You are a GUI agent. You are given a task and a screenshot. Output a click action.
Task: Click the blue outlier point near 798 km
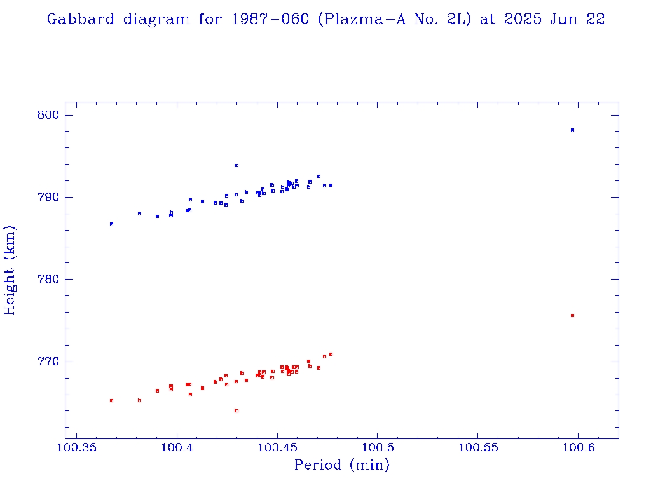point(572,130)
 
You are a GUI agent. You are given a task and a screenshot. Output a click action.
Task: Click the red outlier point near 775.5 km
point(572,315)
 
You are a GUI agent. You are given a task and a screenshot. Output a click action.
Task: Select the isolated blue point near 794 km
point(236,165)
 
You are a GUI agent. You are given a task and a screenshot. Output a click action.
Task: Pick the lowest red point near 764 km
point(236,410)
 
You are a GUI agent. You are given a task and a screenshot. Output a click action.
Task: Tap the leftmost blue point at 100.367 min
point(111,224)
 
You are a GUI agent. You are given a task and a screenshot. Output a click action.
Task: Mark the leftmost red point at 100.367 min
point(111,400)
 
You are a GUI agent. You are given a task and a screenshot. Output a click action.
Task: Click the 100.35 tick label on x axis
point(76,449)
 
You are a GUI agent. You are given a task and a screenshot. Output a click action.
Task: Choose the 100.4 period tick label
point(177,449)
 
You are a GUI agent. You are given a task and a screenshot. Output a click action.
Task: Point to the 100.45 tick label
point(277,449)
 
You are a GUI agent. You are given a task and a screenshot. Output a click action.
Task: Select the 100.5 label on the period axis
point(377,449)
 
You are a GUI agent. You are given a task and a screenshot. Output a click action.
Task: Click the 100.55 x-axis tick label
point(477,449)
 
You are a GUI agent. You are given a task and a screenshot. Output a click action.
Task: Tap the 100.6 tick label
point(578,449)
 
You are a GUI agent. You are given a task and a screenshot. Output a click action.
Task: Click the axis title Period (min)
point(341,466)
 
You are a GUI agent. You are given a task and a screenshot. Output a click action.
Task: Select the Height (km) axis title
point(10,270)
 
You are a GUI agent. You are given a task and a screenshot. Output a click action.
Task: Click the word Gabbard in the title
point(81,20)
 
